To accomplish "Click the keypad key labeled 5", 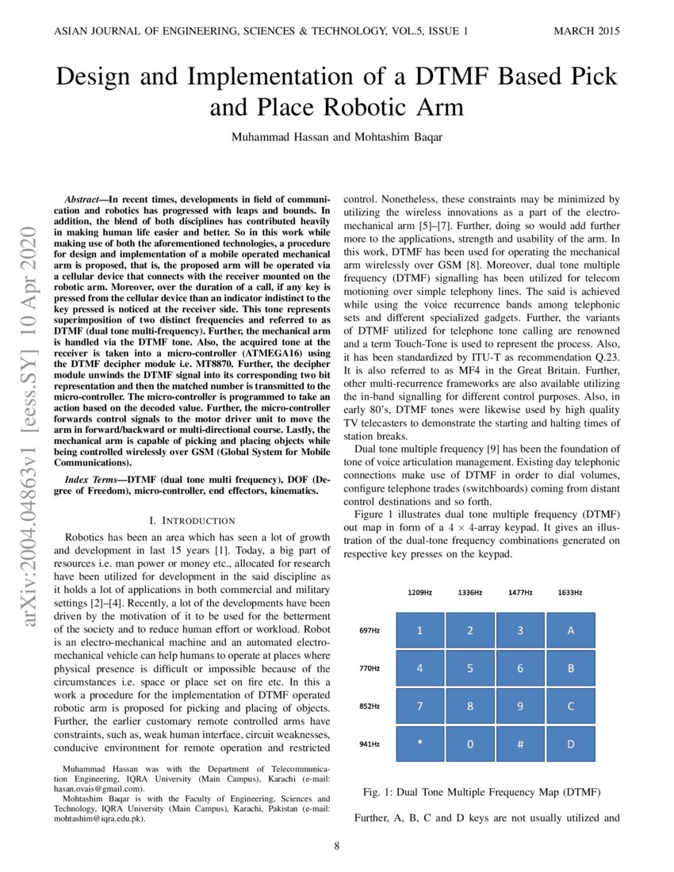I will [x=470, y=668].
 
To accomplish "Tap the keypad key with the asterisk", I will [x=419, y=744].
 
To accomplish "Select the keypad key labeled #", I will [x=520, y=744].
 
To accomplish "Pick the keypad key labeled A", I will [x=570, y=630].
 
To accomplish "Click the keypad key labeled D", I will [x=570, y=744].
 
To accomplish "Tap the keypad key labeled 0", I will [x=470, y=744].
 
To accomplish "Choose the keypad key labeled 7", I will [x=419, y=706].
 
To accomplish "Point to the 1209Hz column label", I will [x=419, y=592].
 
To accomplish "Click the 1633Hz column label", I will [x=570, y=592].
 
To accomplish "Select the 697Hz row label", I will [x=370, y=631].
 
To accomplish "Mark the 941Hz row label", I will [x=370, y=744].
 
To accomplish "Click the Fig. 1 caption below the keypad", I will [x=481, y=793].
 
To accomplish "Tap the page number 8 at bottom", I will [x=337, y=847].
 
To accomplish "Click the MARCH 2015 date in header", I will [x=586, y=32].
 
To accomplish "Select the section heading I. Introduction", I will [x=192, y=521].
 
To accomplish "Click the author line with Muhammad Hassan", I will [x=337, y=136].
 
